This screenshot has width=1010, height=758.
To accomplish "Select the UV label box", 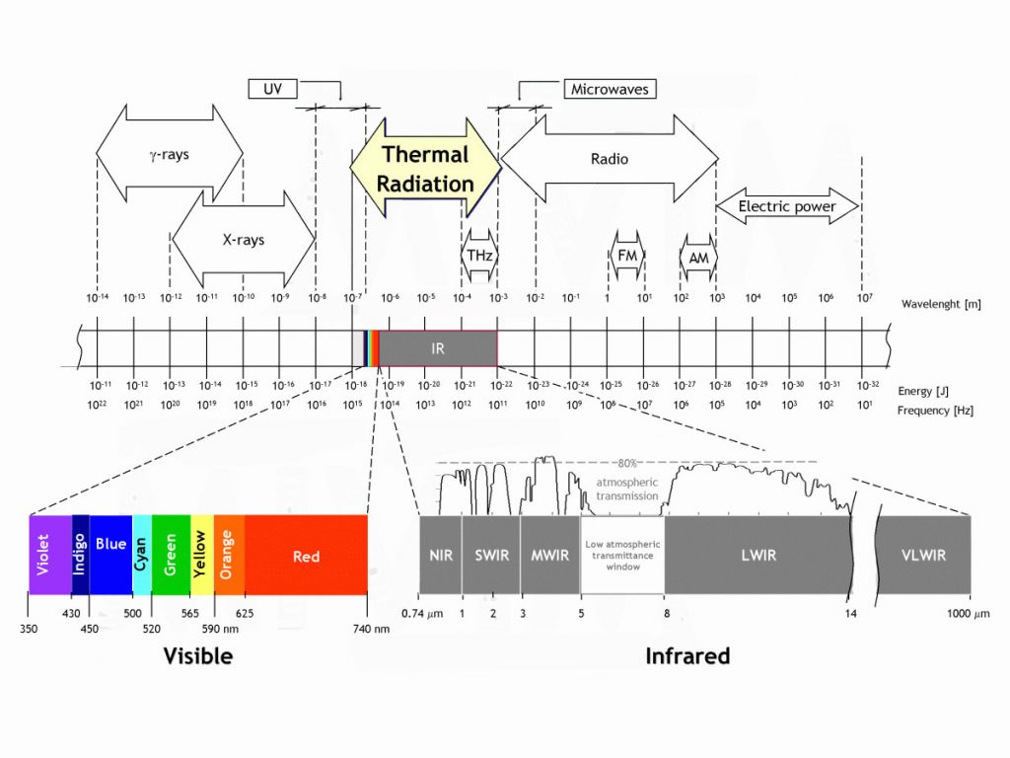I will click(x=272, y=89).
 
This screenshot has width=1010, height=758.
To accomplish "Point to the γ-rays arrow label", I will click(x=169, y=155).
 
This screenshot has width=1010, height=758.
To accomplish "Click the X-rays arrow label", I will click(x=243, y=239).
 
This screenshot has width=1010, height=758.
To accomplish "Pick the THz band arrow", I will click(x=479, y=255).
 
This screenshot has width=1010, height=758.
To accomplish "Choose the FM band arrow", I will click(x=626, y=255).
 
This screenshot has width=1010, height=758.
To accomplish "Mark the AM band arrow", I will click(x=698, y=256).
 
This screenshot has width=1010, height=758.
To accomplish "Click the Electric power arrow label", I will click(x=786, y=206).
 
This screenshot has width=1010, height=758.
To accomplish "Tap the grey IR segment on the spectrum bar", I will click(x=438, y=348).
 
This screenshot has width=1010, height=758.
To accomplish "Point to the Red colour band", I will click(x=306, y=555).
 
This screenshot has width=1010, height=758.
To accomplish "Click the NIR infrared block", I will click(x=440, y=555).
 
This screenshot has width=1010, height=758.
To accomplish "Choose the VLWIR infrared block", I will click(x=923, y=555).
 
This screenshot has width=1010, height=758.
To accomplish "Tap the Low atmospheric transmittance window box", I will click(x=622, y=555).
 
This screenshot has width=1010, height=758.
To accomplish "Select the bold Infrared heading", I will click(x=686, y=655).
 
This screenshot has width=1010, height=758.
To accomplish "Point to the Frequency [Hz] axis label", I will click(x=936, y=410).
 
